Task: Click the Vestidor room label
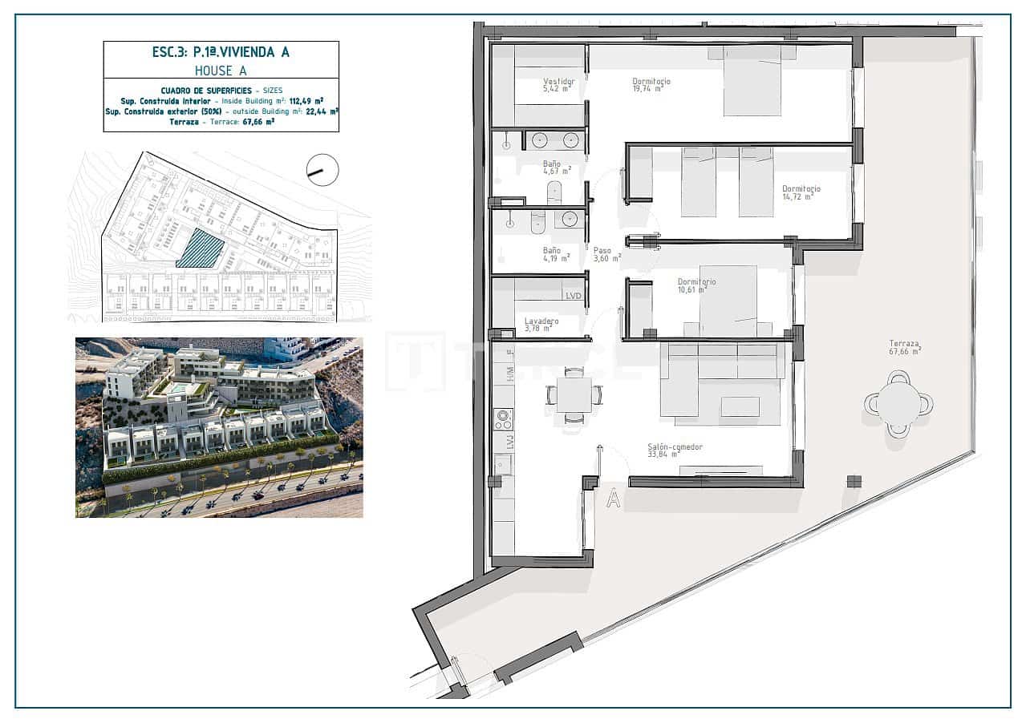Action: [559, 81]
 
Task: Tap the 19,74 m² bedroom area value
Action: [648, 89]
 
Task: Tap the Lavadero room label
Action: [541, 321]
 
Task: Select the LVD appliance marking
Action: [573, 296]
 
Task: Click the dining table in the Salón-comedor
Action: [574, 394]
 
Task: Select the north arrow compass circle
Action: [322, 170]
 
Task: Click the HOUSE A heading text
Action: [221, 71]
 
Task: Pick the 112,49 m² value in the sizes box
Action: [307, 101]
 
